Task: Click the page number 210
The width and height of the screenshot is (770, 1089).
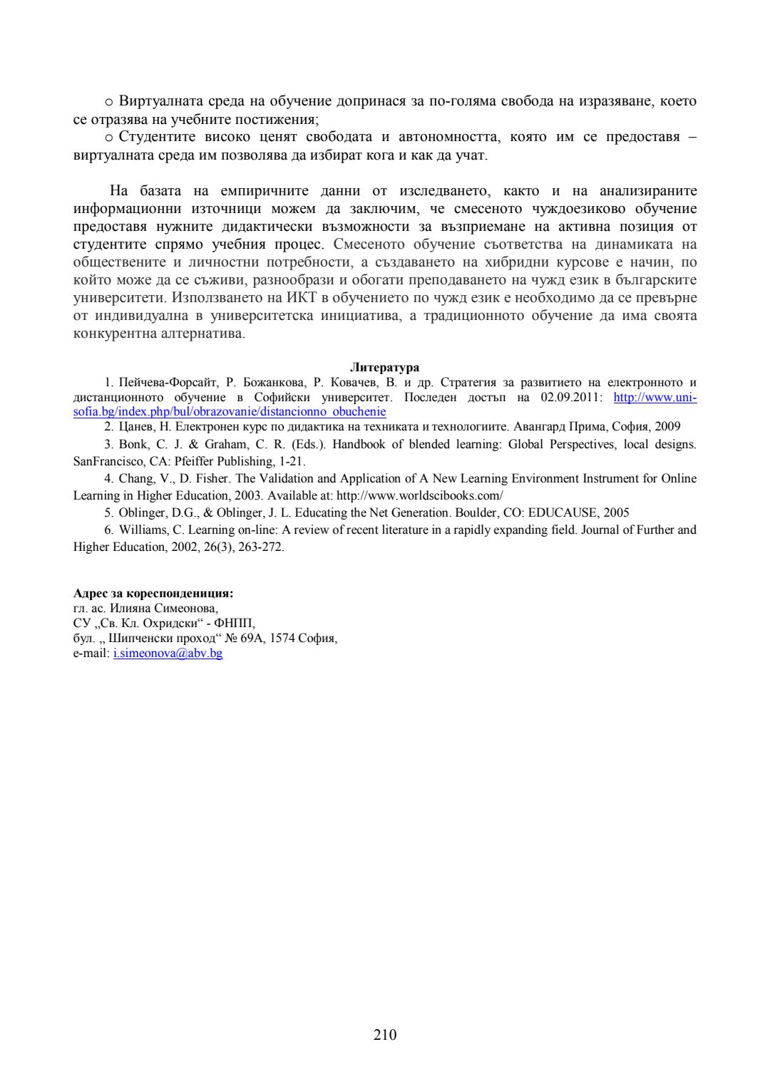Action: (384, 1035)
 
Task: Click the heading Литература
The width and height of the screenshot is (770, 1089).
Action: (384, 368)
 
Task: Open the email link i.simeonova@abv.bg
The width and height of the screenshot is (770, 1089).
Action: (168, 653)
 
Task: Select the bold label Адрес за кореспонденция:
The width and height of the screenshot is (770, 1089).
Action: (153, 593)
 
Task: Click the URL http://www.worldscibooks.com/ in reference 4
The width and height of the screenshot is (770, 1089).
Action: (420, 495)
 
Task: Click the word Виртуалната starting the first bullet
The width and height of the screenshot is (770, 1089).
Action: (161, 101)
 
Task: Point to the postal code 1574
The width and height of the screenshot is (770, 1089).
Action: (282, 638)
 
